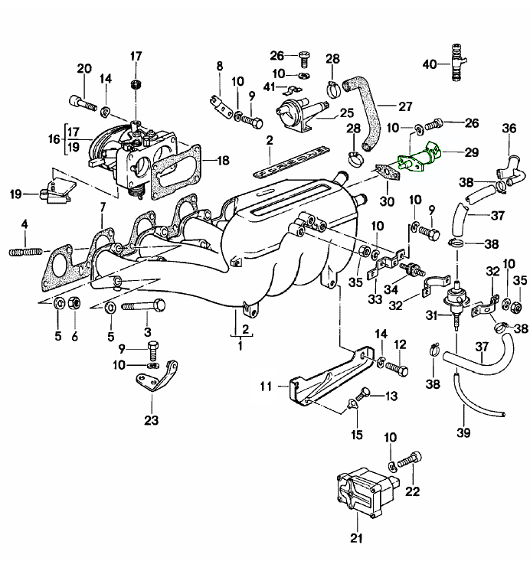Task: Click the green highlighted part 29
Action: (419, 160)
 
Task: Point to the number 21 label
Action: (355, 538)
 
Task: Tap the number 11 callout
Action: (266, 387)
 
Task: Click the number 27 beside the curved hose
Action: (405, 105)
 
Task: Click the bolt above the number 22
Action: (409, 458)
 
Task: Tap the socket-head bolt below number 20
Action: (87, 101)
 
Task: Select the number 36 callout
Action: (510, 129)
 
